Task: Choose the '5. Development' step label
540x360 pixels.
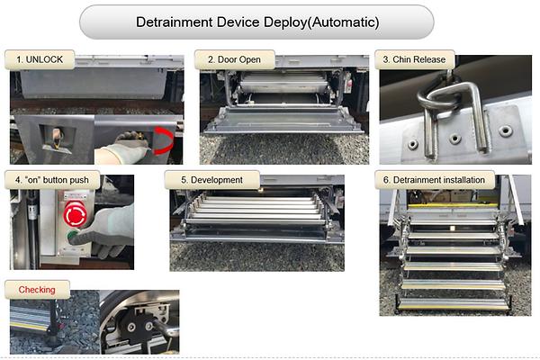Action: click(211, 180)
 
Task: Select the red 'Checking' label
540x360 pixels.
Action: click(37, 290)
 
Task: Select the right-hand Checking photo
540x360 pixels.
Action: click(139, 320)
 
